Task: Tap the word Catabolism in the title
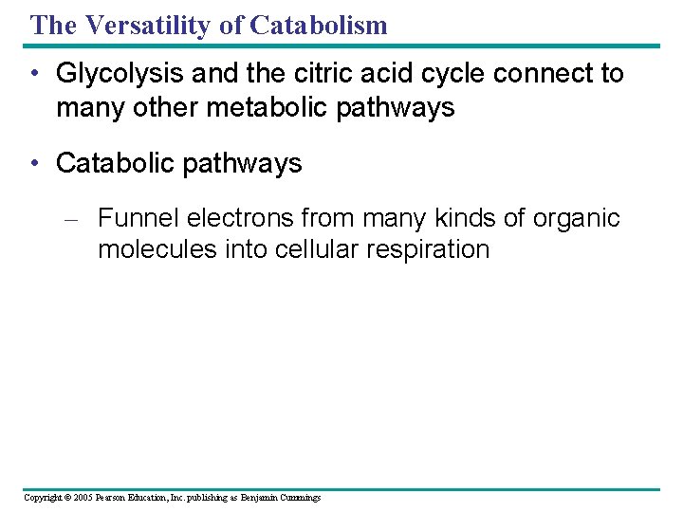(x=319, y=25)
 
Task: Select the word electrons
(x=240, y=218)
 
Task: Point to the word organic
(x=576, y=218)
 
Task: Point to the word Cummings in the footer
(x=299, y=498)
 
